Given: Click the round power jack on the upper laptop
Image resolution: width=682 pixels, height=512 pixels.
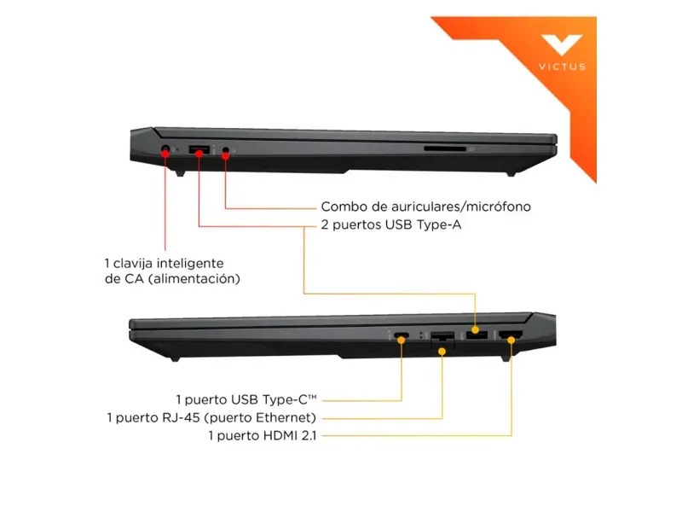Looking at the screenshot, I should (165, 151).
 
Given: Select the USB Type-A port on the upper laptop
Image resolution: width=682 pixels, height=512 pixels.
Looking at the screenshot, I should (199, 151).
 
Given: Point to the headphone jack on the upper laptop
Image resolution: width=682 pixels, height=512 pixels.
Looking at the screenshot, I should (226, 151).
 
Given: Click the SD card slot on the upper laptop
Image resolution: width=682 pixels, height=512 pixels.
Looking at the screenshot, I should (445, 149).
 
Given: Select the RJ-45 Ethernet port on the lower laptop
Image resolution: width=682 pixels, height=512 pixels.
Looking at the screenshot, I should (442, 337).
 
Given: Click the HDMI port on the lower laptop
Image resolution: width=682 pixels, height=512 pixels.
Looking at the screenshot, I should (511, 335).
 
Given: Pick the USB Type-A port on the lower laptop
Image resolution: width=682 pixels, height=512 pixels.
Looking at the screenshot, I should (476, 335).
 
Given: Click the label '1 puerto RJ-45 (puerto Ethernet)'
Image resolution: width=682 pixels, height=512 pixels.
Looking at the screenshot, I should (211, 417).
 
